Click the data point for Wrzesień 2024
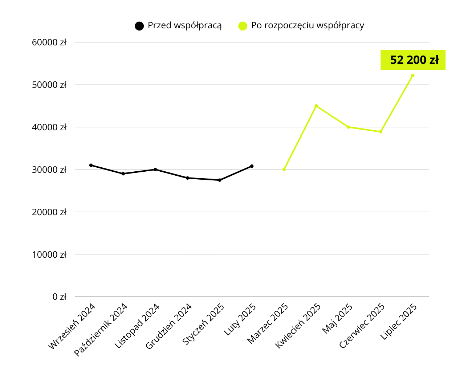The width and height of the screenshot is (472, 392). coord(91,165)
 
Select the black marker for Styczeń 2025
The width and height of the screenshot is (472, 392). coord(220,180)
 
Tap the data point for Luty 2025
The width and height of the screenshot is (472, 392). coord(252,166)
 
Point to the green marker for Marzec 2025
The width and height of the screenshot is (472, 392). coord(284,170)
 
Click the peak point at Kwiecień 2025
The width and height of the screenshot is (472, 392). coord(316,106)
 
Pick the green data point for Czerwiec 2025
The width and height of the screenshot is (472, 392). coord(381,132)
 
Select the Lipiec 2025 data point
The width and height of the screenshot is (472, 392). coord(413,75)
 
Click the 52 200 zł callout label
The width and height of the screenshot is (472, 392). coord(413,60)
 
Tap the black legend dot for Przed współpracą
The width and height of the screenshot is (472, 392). coord(139,26)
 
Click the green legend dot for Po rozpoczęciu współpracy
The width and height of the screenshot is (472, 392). coord(243,26)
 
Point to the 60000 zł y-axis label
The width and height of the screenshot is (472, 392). coord(49,42)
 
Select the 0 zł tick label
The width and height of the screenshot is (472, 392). coord(60,297)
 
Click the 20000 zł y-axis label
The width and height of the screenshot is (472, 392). coord(49,212)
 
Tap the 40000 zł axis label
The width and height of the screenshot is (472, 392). coord(49,127)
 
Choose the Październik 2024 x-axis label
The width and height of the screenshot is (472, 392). coord(101,329)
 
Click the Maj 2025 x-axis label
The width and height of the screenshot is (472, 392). coord(338,318)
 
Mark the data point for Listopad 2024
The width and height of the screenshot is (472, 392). coord(155,170)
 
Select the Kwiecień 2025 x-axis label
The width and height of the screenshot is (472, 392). coord(298,326)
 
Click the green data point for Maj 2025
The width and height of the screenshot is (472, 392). coord(349,127)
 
